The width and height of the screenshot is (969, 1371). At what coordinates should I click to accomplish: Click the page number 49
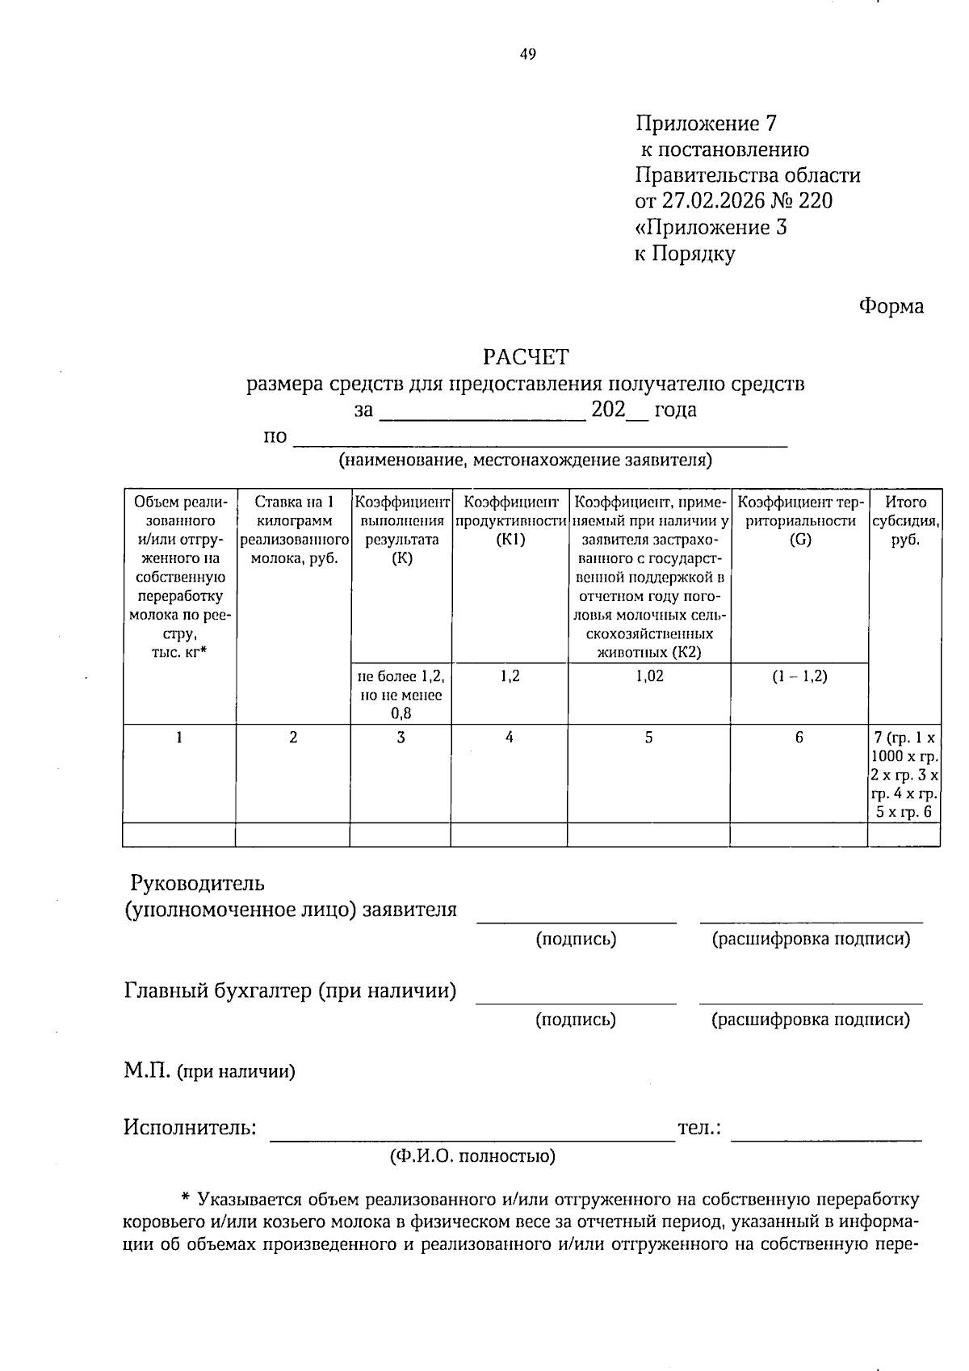point(527,55)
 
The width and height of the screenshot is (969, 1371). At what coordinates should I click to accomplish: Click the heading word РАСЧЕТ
point(526,356)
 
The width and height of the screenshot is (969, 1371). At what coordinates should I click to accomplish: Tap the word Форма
point(891,307)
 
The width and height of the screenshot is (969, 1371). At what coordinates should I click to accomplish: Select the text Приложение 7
point(706,124)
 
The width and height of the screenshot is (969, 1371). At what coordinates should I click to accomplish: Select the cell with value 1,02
point(649,676)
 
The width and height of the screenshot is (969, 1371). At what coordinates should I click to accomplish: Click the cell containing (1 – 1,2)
point(799,676)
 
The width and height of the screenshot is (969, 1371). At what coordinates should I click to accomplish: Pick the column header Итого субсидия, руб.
point(904,521)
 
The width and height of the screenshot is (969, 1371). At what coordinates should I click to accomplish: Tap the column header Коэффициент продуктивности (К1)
point(510,521)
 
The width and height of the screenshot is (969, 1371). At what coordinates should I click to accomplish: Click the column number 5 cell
point(648,738)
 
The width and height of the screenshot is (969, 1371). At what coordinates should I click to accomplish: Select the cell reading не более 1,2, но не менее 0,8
point(401,694)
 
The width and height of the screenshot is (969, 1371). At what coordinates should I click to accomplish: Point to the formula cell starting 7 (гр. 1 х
point(904,775)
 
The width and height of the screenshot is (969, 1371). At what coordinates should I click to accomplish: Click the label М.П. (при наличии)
point(209,1072)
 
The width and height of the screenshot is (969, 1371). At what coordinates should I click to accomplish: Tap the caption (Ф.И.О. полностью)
point(472,1157)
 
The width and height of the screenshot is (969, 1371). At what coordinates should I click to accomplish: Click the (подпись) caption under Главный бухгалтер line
point(576,1020)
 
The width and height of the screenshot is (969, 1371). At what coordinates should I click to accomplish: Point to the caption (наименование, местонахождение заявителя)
point(525,461)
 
